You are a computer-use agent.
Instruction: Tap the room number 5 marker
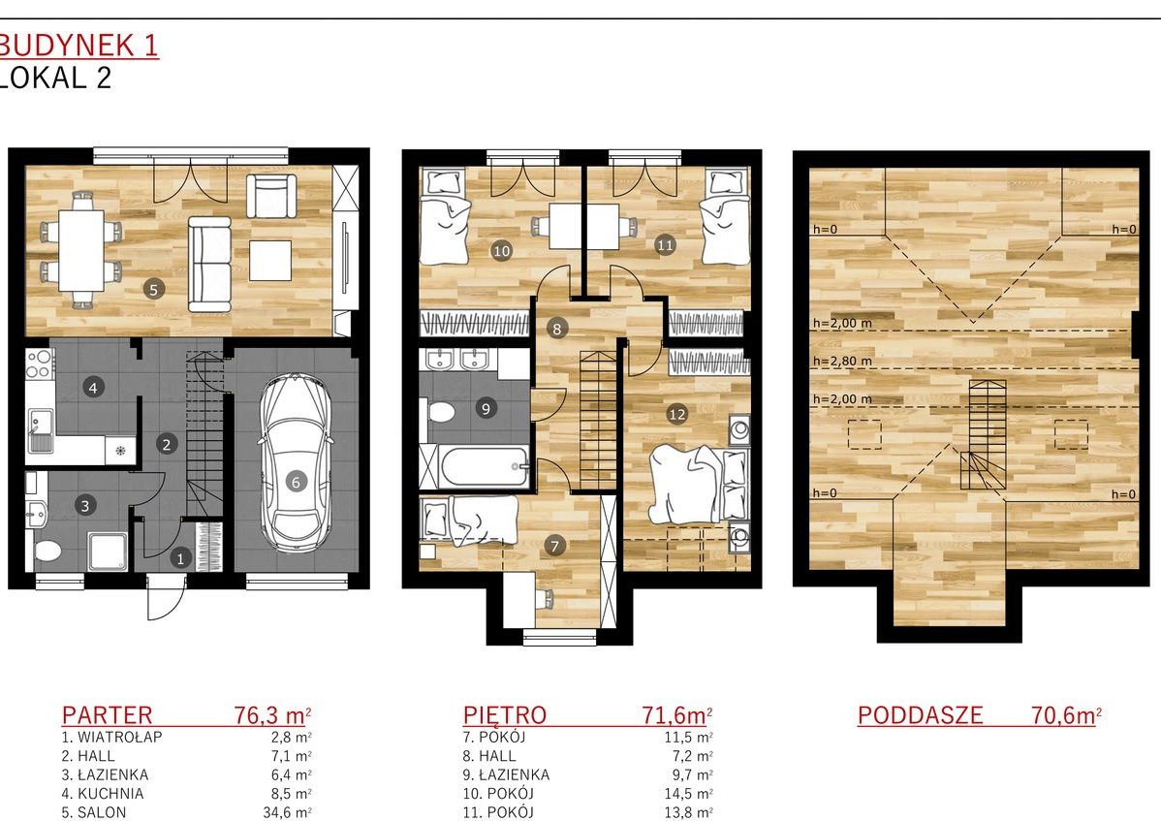[x=154, y=290]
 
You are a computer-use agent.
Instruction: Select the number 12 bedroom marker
[x=676, y=414]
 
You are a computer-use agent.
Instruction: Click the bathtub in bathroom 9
[x=474, y=466]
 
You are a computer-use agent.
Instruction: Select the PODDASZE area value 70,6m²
[x=1066, y=715]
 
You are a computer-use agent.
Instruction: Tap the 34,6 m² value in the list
[x=287, y=812]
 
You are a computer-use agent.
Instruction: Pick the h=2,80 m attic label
[x=842, y=362]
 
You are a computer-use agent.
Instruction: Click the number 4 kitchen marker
[x=93, y=387]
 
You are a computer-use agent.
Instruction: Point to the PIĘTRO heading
[x=505, y=715]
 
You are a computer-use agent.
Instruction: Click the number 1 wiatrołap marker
[x=180, y=559]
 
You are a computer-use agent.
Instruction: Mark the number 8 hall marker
[x=557, y=330]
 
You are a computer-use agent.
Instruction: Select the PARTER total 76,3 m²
[x=272, y=715]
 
